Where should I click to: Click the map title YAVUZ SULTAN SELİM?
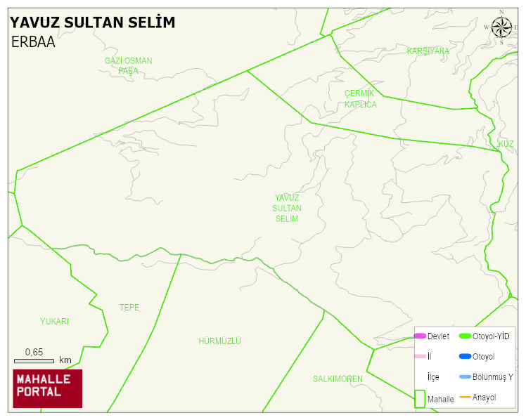92,22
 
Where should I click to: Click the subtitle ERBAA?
33,42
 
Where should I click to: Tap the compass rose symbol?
501,27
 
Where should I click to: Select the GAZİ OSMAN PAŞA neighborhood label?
128,65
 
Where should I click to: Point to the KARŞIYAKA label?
428,51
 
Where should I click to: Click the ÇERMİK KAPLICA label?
360,99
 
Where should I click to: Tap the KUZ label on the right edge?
506,144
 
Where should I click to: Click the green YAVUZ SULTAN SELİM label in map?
287,209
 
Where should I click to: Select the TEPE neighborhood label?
129,308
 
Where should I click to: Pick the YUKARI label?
55,322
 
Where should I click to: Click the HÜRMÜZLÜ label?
220,341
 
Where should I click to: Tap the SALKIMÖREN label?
338,379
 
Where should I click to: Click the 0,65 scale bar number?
34,352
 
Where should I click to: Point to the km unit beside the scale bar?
65,360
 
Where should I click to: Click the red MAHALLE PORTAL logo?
48,388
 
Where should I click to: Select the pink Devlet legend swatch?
420,336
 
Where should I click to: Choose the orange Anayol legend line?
465,398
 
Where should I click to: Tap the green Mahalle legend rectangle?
419,398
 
